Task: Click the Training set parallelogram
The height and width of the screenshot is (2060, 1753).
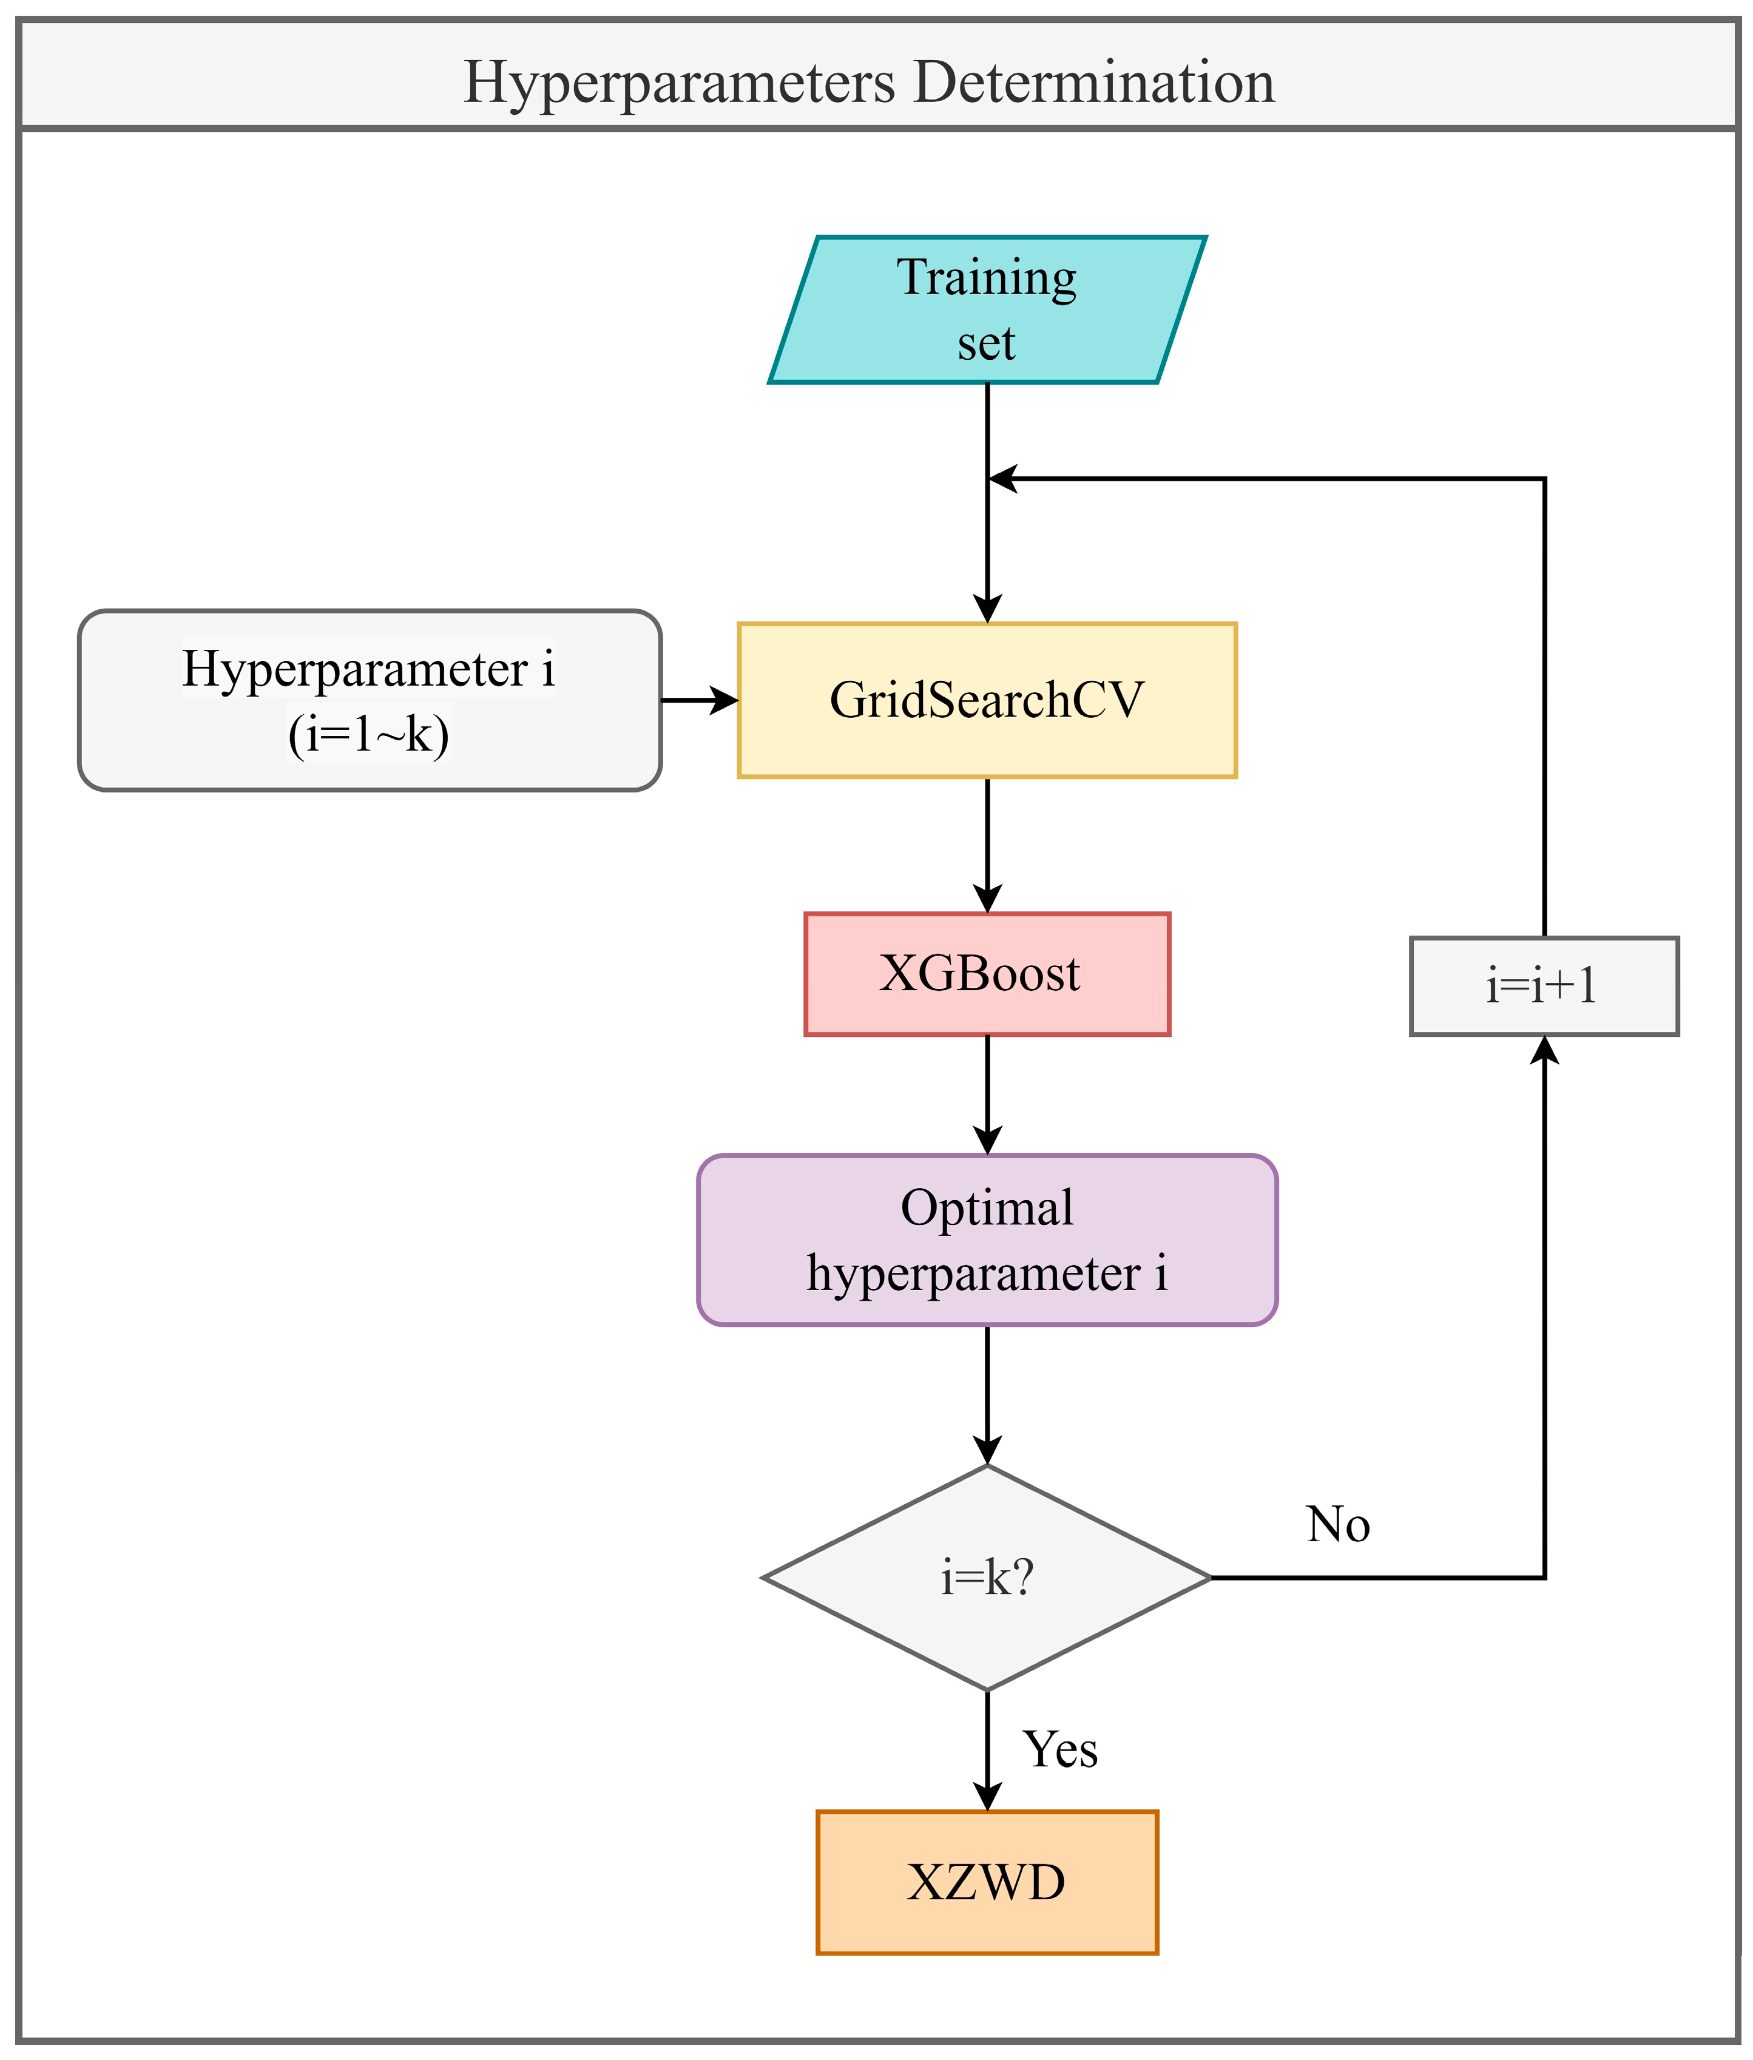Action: coord(987,309)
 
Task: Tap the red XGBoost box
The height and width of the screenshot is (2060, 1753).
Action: coord(987,974)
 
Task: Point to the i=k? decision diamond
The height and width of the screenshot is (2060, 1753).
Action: coord(987,1577)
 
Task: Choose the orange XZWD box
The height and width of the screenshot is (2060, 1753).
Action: coord(987,1882)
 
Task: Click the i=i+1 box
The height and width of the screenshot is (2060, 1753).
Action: coord(1543,986)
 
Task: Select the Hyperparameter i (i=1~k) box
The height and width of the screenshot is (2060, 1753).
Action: coord(369,701)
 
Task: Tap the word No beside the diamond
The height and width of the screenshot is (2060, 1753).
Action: coord(1337,1524)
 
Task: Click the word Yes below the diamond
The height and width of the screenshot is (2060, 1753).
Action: coord(1060,1750)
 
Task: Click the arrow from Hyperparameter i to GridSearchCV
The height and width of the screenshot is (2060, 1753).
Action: coord(698,701)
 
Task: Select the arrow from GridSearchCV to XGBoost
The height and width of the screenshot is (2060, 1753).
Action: coord(987,845)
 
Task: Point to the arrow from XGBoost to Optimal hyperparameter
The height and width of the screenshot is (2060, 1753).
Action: coord(987,1093)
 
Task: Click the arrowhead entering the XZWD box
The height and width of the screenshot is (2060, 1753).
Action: coord(987,1797)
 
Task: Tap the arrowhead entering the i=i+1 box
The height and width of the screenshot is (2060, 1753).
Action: coord(1543,1049)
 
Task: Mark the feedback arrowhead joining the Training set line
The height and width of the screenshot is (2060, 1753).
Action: coord(1004,479)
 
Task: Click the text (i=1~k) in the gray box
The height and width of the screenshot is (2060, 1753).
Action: coord(369,735)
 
